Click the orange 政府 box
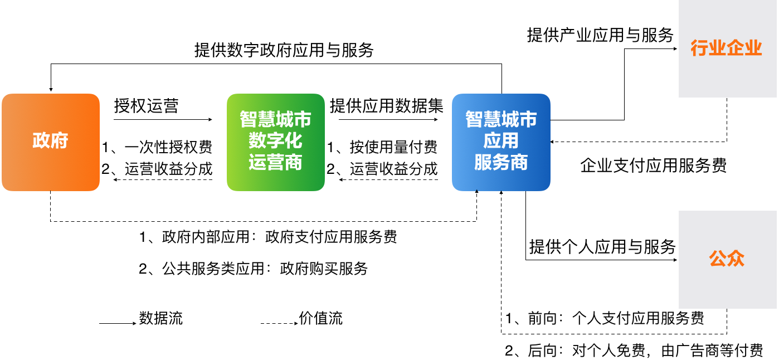tap(50, 142)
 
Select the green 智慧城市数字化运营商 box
tap(275, 142)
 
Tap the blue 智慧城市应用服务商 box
tap(500, 142)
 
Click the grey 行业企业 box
tap(727, 49)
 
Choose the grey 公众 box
tap(727, 259)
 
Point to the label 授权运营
tap(146, 106)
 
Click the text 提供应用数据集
tap(386, 106)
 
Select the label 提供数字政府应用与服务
tap(284, 50)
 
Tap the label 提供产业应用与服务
tap(600, 35)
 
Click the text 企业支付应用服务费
tap(654, 166)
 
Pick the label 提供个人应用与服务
tap(602, 246)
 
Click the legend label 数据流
tap(161, 318)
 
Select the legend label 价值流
tap(321, 318)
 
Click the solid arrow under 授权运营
tap(163, 119)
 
